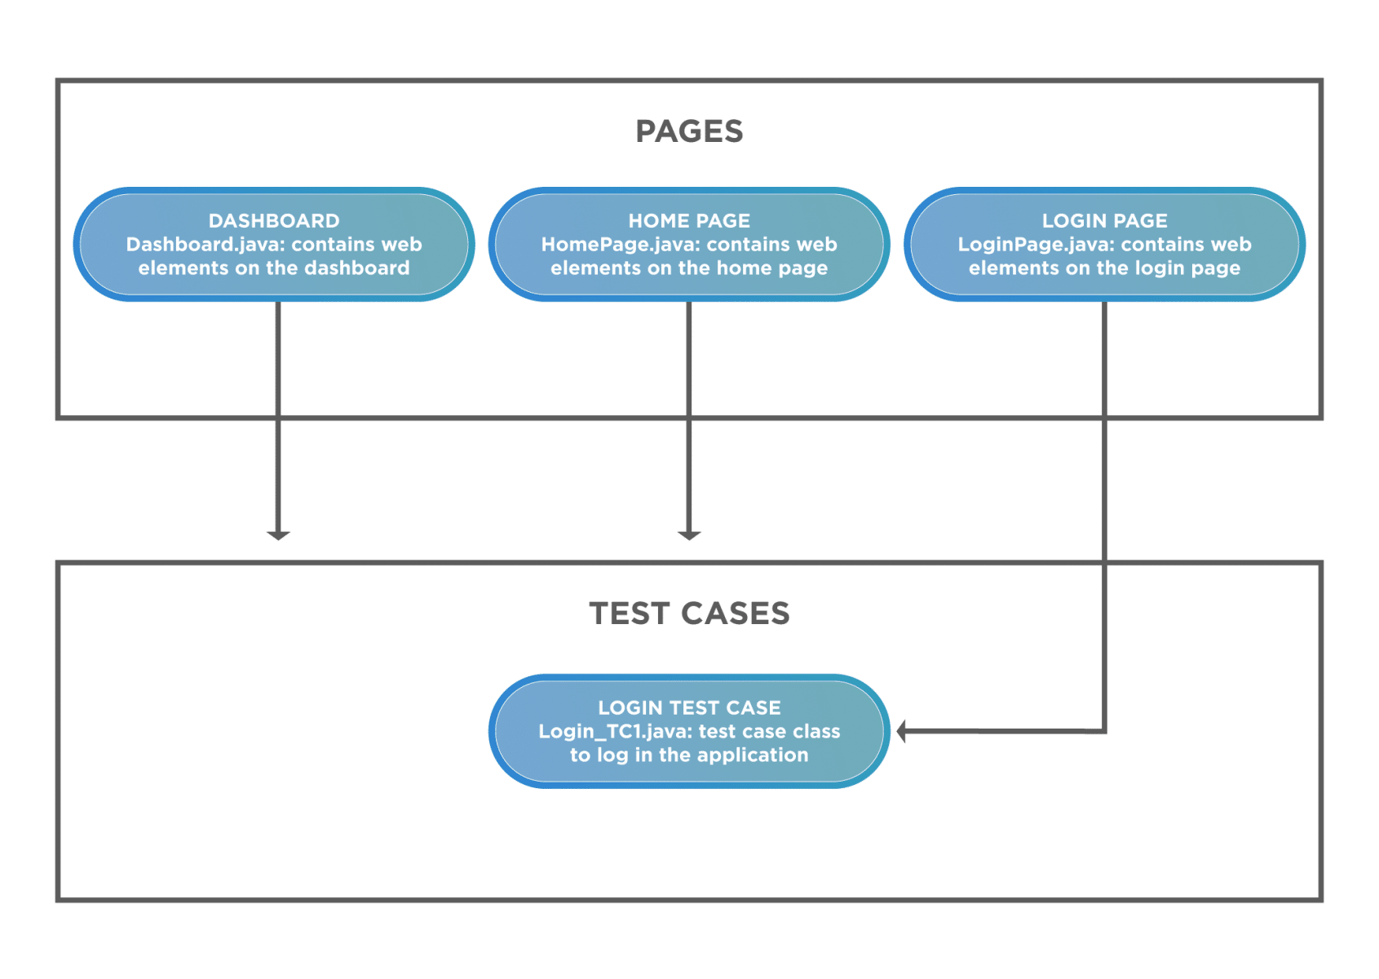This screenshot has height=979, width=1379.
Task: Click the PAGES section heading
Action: tap(689, 131)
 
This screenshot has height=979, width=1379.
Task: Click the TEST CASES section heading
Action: tap(689, 614)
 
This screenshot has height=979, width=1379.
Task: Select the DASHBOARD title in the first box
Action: tap(274, 221)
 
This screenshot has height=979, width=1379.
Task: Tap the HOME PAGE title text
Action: tap(689, 221)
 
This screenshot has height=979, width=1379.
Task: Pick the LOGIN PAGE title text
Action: tap(1104, 221)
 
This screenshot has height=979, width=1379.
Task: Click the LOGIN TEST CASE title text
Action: tap(689, 708)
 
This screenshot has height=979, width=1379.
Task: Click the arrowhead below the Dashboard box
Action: tap(278, 534)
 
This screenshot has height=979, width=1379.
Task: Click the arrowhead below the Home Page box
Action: tap(690, 534)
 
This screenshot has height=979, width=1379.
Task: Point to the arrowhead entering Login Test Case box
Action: tap(904, 731)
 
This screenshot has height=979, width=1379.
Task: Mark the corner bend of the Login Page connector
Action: tap(1104, 732)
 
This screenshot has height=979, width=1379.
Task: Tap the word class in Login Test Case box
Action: tap(816, 732)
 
